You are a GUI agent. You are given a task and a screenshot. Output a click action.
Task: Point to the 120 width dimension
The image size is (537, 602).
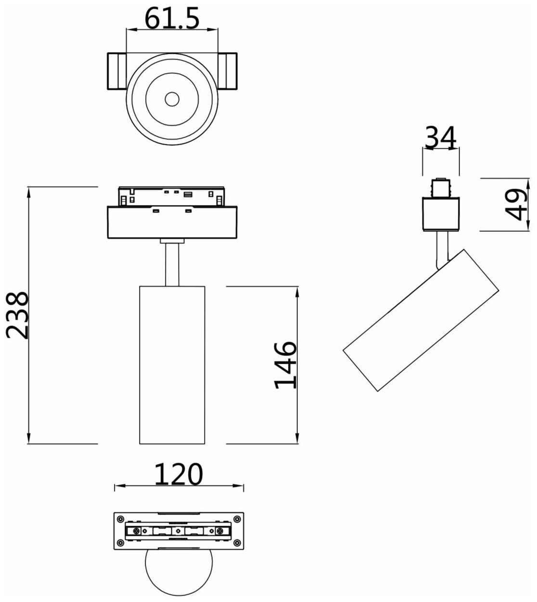tap(179, 475)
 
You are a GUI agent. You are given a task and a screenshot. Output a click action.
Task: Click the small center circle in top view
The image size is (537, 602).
tap(171, 100)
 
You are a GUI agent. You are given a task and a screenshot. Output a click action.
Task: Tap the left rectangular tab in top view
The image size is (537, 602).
tap(116, 71)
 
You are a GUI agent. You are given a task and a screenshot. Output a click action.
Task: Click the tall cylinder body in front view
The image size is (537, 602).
tap(172, 364)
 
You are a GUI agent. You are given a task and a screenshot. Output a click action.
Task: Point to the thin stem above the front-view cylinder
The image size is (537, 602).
tap(172, 264)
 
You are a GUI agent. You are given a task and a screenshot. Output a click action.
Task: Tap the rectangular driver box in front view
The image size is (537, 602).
tap(172, 223)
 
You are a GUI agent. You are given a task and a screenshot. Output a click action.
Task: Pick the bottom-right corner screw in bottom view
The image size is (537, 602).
tap(237, 544)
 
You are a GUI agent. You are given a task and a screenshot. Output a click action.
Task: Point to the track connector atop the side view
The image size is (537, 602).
tap(440, 188)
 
